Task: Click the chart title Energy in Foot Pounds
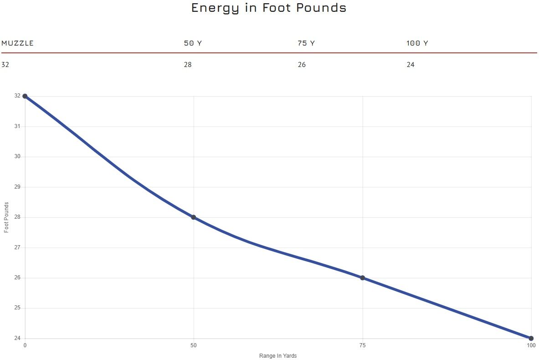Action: (x=269, y=8)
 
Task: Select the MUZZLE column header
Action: (x=17, y=43)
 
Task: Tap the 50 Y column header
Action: (x=192, y=43)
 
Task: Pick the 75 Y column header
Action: (x=306, y=43)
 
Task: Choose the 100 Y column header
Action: (x=417, y=43)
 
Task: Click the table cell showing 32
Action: (x=5, y=65)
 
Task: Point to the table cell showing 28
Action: (x=188, y=65)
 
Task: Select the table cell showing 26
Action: (x=302, y=65)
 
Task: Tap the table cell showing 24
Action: (x=411, y=65)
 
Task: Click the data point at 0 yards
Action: (x=25, y=96)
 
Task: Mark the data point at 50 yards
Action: (x=194, y=217)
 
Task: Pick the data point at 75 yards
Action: (x=363, y=278)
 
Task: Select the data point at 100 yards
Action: (x=531, y=338)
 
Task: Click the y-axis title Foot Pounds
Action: (x=6, y=217)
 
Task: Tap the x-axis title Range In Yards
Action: (x=278, y=356)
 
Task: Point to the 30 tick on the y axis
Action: (x=17, y=157)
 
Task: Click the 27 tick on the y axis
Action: (x=17, y=247)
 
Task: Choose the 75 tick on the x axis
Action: (x=363, y=345)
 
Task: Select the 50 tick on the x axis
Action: (x=194, y=345)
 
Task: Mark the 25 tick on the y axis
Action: (x=17, y=308)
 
